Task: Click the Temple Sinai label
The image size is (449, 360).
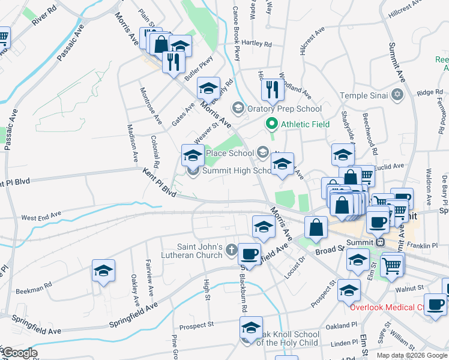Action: point(365,95)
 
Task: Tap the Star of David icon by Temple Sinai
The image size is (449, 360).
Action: point(397,95)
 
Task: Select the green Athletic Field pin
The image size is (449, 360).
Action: point(271,124)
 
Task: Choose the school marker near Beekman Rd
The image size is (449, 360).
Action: point(103,271)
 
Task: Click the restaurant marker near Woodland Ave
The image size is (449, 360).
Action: point(274,90)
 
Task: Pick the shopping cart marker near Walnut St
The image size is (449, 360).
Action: point(391,263)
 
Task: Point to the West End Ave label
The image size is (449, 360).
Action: point(41,214)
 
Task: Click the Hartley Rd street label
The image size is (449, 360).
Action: point(256,43)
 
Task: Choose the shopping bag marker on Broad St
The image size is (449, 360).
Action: point(316,227)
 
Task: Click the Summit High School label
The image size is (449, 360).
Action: point(237,170)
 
